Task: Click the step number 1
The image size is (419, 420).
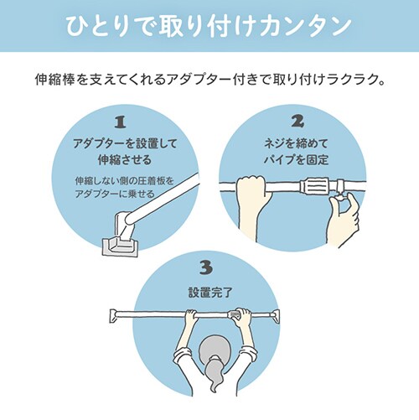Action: click(x=120, y=122)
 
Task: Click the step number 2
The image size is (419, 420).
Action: click(x=297, y=121)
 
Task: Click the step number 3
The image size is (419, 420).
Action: click(x=206, y=267)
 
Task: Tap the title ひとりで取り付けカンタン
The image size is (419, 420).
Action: click(x=209, y=26)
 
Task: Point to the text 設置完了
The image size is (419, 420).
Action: click(x=210, y=293)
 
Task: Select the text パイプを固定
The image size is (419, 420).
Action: click(x=296, y=160)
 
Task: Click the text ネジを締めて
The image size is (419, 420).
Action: click(x=296, y=143)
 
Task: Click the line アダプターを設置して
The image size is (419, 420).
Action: click(x=125, y=143)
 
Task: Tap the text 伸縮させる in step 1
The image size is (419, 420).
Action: click(x=125, y=160)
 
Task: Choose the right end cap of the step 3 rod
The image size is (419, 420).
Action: click(x=276, y=316)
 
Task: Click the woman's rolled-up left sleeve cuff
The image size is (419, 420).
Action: click(x=181, y=355)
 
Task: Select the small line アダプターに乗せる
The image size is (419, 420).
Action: click(x=115, y=194)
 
